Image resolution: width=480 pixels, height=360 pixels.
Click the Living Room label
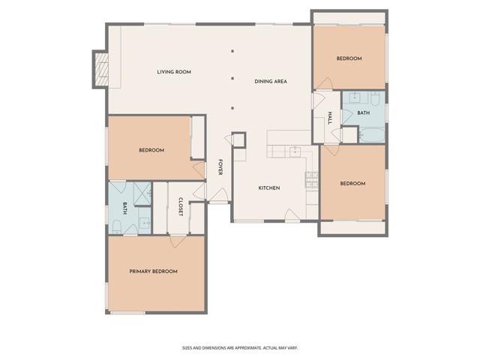(x=174, y=72)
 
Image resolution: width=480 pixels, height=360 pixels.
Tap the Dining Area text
(x=271, y=82)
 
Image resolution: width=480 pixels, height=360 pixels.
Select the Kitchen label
(x=269, y=188)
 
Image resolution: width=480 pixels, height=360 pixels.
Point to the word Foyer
(x=220, y=166)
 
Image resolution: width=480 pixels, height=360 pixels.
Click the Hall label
(x=330, y=118)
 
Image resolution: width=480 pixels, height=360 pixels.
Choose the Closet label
(x=181, y=207)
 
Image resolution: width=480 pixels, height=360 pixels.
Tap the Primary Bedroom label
(x=153, y=271)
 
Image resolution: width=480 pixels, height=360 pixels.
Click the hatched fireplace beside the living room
(x=101, y=70)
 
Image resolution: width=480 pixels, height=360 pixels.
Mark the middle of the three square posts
(x=232, y=78)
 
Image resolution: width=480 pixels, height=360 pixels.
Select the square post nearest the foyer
(x=232, y=108)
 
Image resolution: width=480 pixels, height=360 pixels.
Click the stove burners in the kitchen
(x=312, y=180)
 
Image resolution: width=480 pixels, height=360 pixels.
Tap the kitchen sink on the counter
(x=295, y=151)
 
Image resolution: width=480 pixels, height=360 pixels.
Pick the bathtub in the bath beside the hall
(x=372, y=135)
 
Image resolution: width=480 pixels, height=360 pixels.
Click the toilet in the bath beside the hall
(x=375, y=98)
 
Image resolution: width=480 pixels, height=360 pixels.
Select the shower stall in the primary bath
(x=142, y=193)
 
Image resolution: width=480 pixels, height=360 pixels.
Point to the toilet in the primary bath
(x=117, y=226)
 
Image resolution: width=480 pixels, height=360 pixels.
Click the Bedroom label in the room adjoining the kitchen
(x=352, y=184)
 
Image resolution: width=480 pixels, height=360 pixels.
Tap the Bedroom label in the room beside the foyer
(x=151, y=150)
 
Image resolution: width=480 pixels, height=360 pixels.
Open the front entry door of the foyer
(x=218, y=196)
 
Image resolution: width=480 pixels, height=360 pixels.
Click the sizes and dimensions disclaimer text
(x=240, y=348)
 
